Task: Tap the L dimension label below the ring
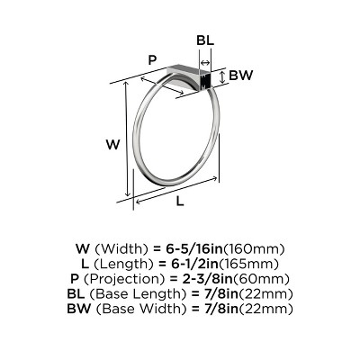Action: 180,202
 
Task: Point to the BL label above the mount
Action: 205,41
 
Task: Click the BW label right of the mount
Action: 239,76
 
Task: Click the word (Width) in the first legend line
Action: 118,248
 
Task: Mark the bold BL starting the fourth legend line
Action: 76,293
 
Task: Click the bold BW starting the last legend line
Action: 78,309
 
